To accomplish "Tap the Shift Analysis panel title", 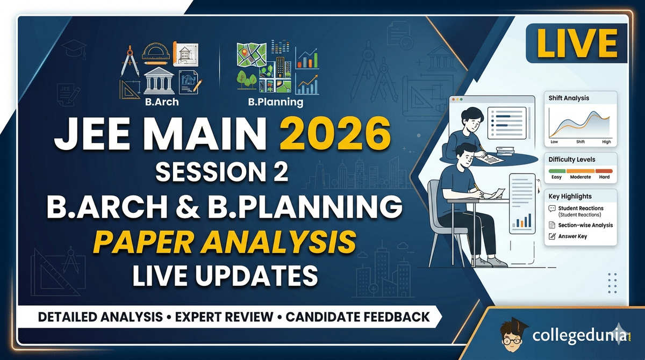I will coord(569,98).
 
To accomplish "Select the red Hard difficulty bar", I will coord(604,170).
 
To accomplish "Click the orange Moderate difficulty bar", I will coord(580,170).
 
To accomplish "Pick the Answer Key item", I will coord(573,236).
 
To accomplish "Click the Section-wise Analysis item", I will coord(585,225).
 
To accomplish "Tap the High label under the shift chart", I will coord(606,142).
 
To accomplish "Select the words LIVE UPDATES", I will coord(225,276).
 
